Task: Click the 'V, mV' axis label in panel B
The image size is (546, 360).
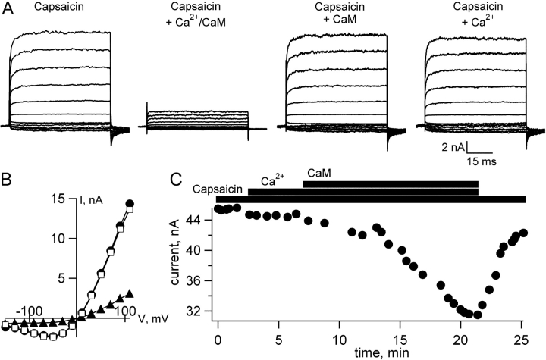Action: tap(130, 318)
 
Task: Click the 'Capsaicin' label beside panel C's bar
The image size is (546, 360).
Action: tap(218, 189)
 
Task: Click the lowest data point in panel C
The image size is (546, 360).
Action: tap(477, 315)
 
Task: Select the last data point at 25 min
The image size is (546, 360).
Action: tap(523, 233)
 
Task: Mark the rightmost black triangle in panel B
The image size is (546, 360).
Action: tap(130, 293)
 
